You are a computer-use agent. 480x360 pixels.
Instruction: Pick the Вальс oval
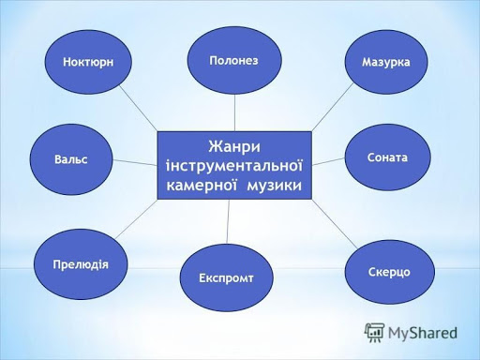[71, 159]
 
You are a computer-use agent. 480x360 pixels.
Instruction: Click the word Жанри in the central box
[233, 146]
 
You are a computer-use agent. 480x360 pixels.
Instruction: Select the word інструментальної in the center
[233, 165]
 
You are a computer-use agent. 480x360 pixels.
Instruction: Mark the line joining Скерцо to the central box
[334, 225]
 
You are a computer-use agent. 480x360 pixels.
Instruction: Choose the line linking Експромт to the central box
[229, 223]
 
